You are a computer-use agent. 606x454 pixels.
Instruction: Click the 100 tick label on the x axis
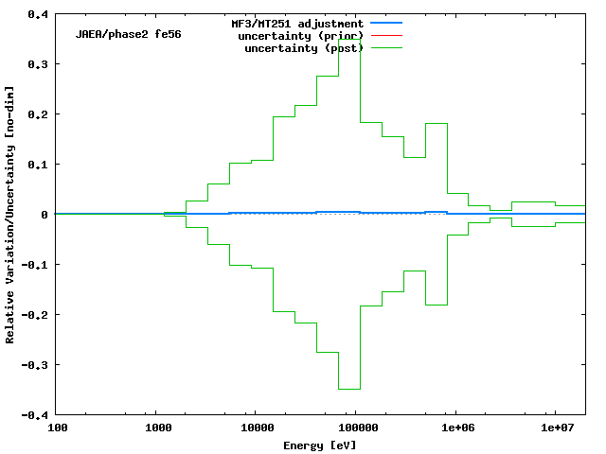point(57,428)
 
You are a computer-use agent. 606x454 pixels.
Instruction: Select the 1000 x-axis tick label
point(156,428)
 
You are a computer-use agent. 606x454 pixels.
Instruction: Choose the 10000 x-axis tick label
point(256,428)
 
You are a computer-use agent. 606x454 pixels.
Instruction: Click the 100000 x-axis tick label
point(355,428)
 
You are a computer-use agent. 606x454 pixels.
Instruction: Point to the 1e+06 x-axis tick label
point(456,428)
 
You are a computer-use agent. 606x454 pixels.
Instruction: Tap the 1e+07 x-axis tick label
point(555,428)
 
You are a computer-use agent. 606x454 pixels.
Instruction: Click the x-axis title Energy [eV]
point(320,445)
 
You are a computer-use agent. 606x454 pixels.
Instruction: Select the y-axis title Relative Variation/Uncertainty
point(10,214)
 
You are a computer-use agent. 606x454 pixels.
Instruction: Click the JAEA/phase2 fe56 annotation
point(129,34)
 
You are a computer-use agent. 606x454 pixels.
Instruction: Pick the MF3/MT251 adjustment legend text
point(297,23)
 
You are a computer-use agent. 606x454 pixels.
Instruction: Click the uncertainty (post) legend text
point(304,47)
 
